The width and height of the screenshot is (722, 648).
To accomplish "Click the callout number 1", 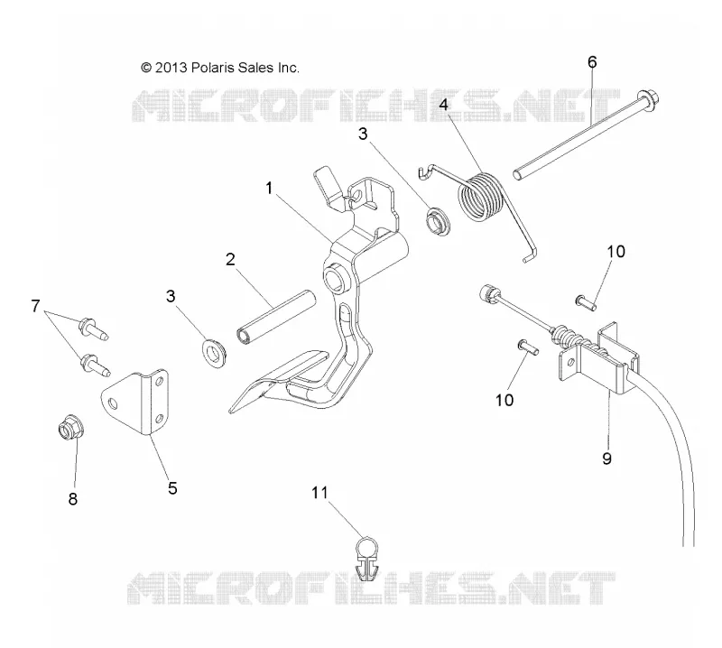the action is coord(269,189).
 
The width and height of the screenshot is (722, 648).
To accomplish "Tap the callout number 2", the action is coord(231,259).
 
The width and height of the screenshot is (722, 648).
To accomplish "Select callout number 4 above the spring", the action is coord(443,105).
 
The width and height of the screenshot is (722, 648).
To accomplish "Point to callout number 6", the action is coord(592,61).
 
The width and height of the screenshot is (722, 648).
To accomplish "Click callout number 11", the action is coord(319,493).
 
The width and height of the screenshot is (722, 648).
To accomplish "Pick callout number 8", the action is coord(73,499).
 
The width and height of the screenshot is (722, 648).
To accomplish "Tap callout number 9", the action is coord(606,458).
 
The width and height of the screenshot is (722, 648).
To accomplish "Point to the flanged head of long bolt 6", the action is coord(648,100).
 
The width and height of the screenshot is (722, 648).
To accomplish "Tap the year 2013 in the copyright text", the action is coord(171,68).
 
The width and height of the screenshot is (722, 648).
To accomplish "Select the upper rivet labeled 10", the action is coord(586,302).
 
